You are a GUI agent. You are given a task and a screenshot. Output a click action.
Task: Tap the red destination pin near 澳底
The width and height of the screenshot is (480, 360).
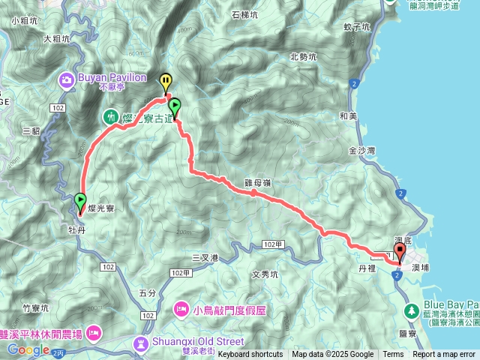(x=399, y=251)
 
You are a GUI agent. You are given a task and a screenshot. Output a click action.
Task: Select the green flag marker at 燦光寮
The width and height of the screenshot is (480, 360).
(x=80, y=201)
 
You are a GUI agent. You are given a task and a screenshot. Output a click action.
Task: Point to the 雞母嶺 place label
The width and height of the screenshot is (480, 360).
(x=256, y=181)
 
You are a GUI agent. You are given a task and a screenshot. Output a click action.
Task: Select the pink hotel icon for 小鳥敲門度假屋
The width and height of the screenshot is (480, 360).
(x=181, y=307)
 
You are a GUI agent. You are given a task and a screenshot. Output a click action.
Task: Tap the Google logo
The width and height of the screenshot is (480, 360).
(x=28, y=349)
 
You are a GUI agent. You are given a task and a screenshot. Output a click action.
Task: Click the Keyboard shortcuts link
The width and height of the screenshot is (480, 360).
(x=250, y=354)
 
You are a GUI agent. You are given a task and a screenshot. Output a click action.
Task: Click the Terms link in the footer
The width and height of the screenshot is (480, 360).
(x=393, y=354)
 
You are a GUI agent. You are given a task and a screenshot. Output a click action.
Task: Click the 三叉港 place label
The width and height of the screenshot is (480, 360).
(x=205, y=257)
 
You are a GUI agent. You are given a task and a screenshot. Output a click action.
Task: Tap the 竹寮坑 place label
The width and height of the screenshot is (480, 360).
(x=35, y=307)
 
